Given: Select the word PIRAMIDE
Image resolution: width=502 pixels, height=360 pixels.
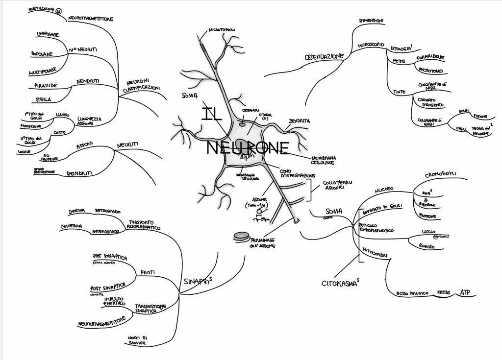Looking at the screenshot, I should (x=46, y=85).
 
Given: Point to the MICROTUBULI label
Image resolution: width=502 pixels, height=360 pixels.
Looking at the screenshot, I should (x=222, y=30).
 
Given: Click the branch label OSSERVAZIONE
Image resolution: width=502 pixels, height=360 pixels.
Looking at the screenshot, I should (x=324, y=57).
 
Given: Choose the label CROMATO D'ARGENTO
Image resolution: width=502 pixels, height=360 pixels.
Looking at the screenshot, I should (x=430, y=102).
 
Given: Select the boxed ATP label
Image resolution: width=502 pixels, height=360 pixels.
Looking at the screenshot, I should (x=465, y=293).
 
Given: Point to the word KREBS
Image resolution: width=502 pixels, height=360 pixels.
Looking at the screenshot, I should (x=443, y=293).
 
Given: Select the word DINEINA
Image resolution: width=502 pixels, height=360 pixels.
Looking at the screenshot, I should (x=77, y=211).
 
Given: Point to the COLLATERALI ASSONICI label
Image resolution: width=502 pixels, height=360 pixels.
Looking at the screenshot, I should (x=336, y=184).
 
